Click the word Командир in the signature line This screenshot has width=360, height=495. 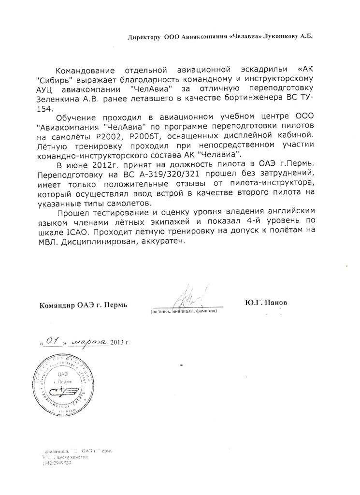point(54,305)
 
